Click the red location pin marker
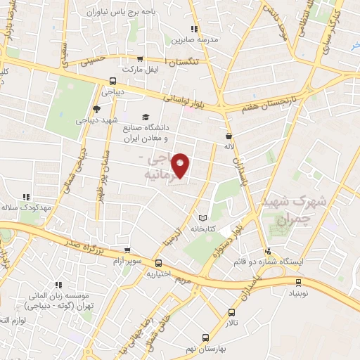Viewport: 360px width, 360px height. click(182, 165)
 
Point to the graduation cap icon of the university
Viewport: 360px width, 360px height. click(146, 117)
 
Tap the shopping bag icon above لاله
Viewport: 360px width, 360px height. click(229, 136)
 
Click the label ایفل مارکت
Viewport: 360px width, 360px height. click(117, 70)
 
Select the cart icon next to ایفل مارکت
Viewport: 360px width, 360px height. click(140, 59)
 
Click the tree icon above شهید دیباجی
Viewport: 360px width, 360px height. click(96, 109)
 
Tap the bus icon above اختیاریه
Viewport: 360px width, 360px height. click(158, 263)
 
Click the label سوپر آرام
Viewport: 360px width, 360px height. click(127, 261)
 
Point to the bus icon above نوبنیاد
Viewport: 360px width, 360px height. click(298, 282)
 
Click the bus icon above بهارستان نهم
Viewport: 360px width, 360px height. click(205, 337)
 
